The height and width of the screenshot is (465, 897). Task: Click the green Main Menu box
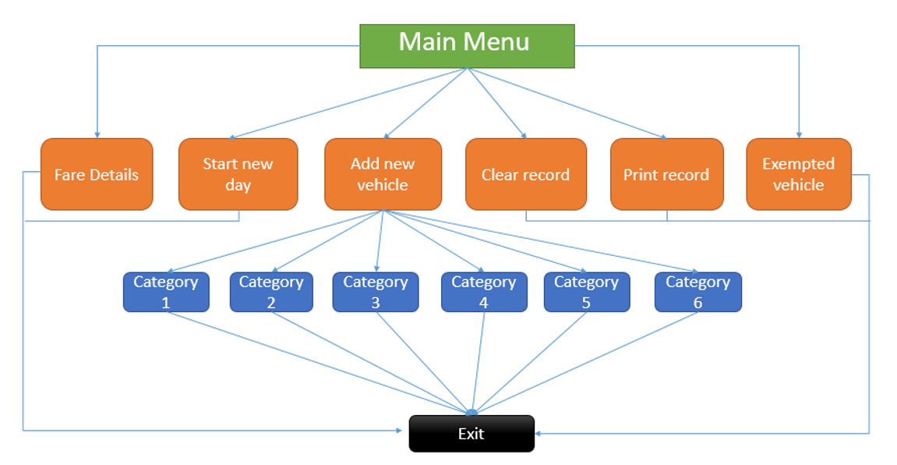[466, 46]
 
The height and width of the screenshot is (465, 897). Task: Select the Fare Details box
[97, 175]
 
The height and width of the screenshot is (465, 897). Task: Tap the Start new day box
[238, 175]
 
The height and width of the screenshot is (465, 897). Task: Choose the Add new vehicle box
[383, 175]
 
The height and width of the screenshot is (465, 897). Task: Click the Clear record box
[525, 175]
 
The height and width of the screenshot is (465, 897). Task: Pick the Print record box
[666, 175]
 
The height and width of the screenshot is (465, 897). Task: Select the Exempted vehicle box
[798, 175]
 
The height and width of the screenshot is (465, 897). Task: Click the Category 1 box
[166, 292]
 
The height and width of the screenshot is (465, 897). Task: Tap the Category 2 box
[271, 292]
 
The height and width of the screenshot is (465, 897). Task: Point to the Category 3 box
[376, 292]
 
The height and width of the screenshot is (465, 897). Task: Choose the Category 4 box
[484, 292]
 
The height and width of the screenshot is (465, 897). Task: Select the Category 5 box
[586, 292]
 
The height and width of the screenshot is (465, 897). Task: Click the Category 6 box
[697, 292]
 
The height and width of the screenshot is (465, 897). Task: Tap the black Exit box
[471, 434]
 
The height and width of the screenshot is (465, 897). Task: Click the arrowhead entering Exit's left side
[405, 430]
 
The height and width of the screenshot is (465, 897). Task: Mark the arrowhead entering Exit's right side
[539, 433]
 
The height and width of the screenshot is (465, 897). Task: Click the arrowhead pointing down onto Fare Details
[97, 135]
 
